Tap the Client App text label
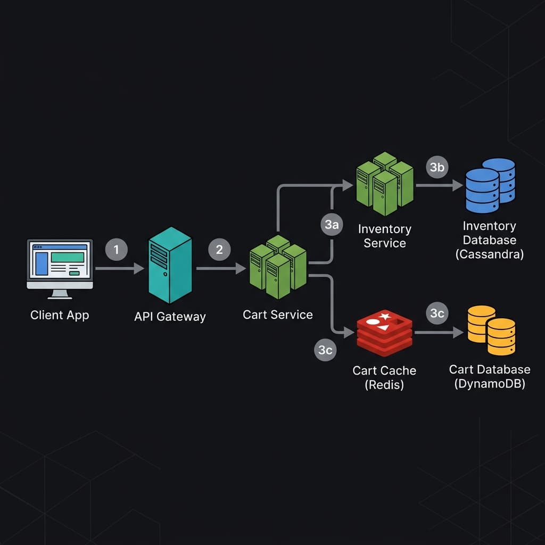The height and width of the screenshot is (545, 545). point(60,315)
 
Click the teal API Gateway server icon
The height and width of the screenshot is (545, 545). point(170,265)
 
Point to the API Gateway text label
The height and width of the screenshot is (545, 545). point(170,317)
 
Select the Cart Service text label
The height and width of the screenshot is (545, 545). point(278,315)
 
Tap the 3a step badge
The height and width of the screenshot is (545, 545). point(332,225)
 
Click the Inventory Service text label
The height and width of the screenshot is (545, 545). point(384,236)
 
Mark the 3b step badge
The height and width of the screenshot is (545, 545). point(437,167)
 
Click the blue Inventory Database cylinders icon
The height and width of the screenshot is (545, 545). point(490,185)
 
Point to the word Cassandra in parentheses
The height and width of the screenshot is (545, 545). point(490,254)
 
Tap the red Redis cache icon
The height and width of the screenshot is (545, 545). point(384,334)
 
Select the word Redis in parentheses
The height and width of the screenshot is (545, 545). point(384,385)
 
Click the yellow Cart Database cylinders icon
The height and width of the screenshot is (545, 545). point(491,331)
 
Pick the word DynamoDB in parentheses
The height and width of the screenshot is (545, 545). point(490,384)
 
